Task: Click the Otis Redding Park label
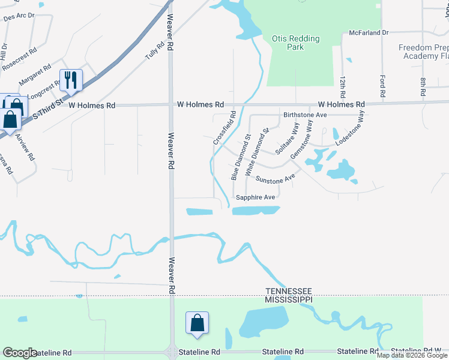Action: click(x=296, y=43)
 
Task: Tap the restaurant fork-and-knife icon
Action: click(x=71, y=80)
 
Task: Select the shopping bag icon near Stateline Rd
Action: click(x=197, y=323)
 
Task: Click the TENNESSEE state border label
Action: click(x=289, y=290)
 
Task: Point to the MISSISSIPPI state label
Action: click(x=289, y=299)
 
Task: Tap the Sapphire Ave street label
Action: click(x=255, y=197)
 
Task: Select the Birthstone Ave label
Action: click(x=304, y=115)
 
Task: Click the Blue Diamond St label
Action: click(x=239, y=160)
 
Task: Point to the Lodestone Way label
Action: click(x=350, y=128)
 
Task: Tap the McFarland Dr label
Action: click(x=369, y=33)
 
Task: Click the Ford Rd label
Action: click(x=382, y=86)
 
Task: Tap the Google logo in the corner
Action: click(x=20, y=353)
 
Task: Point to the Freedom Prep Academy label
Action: click(x=424, y=52)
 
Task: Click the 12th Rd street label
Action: click(x=342, y=88)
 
